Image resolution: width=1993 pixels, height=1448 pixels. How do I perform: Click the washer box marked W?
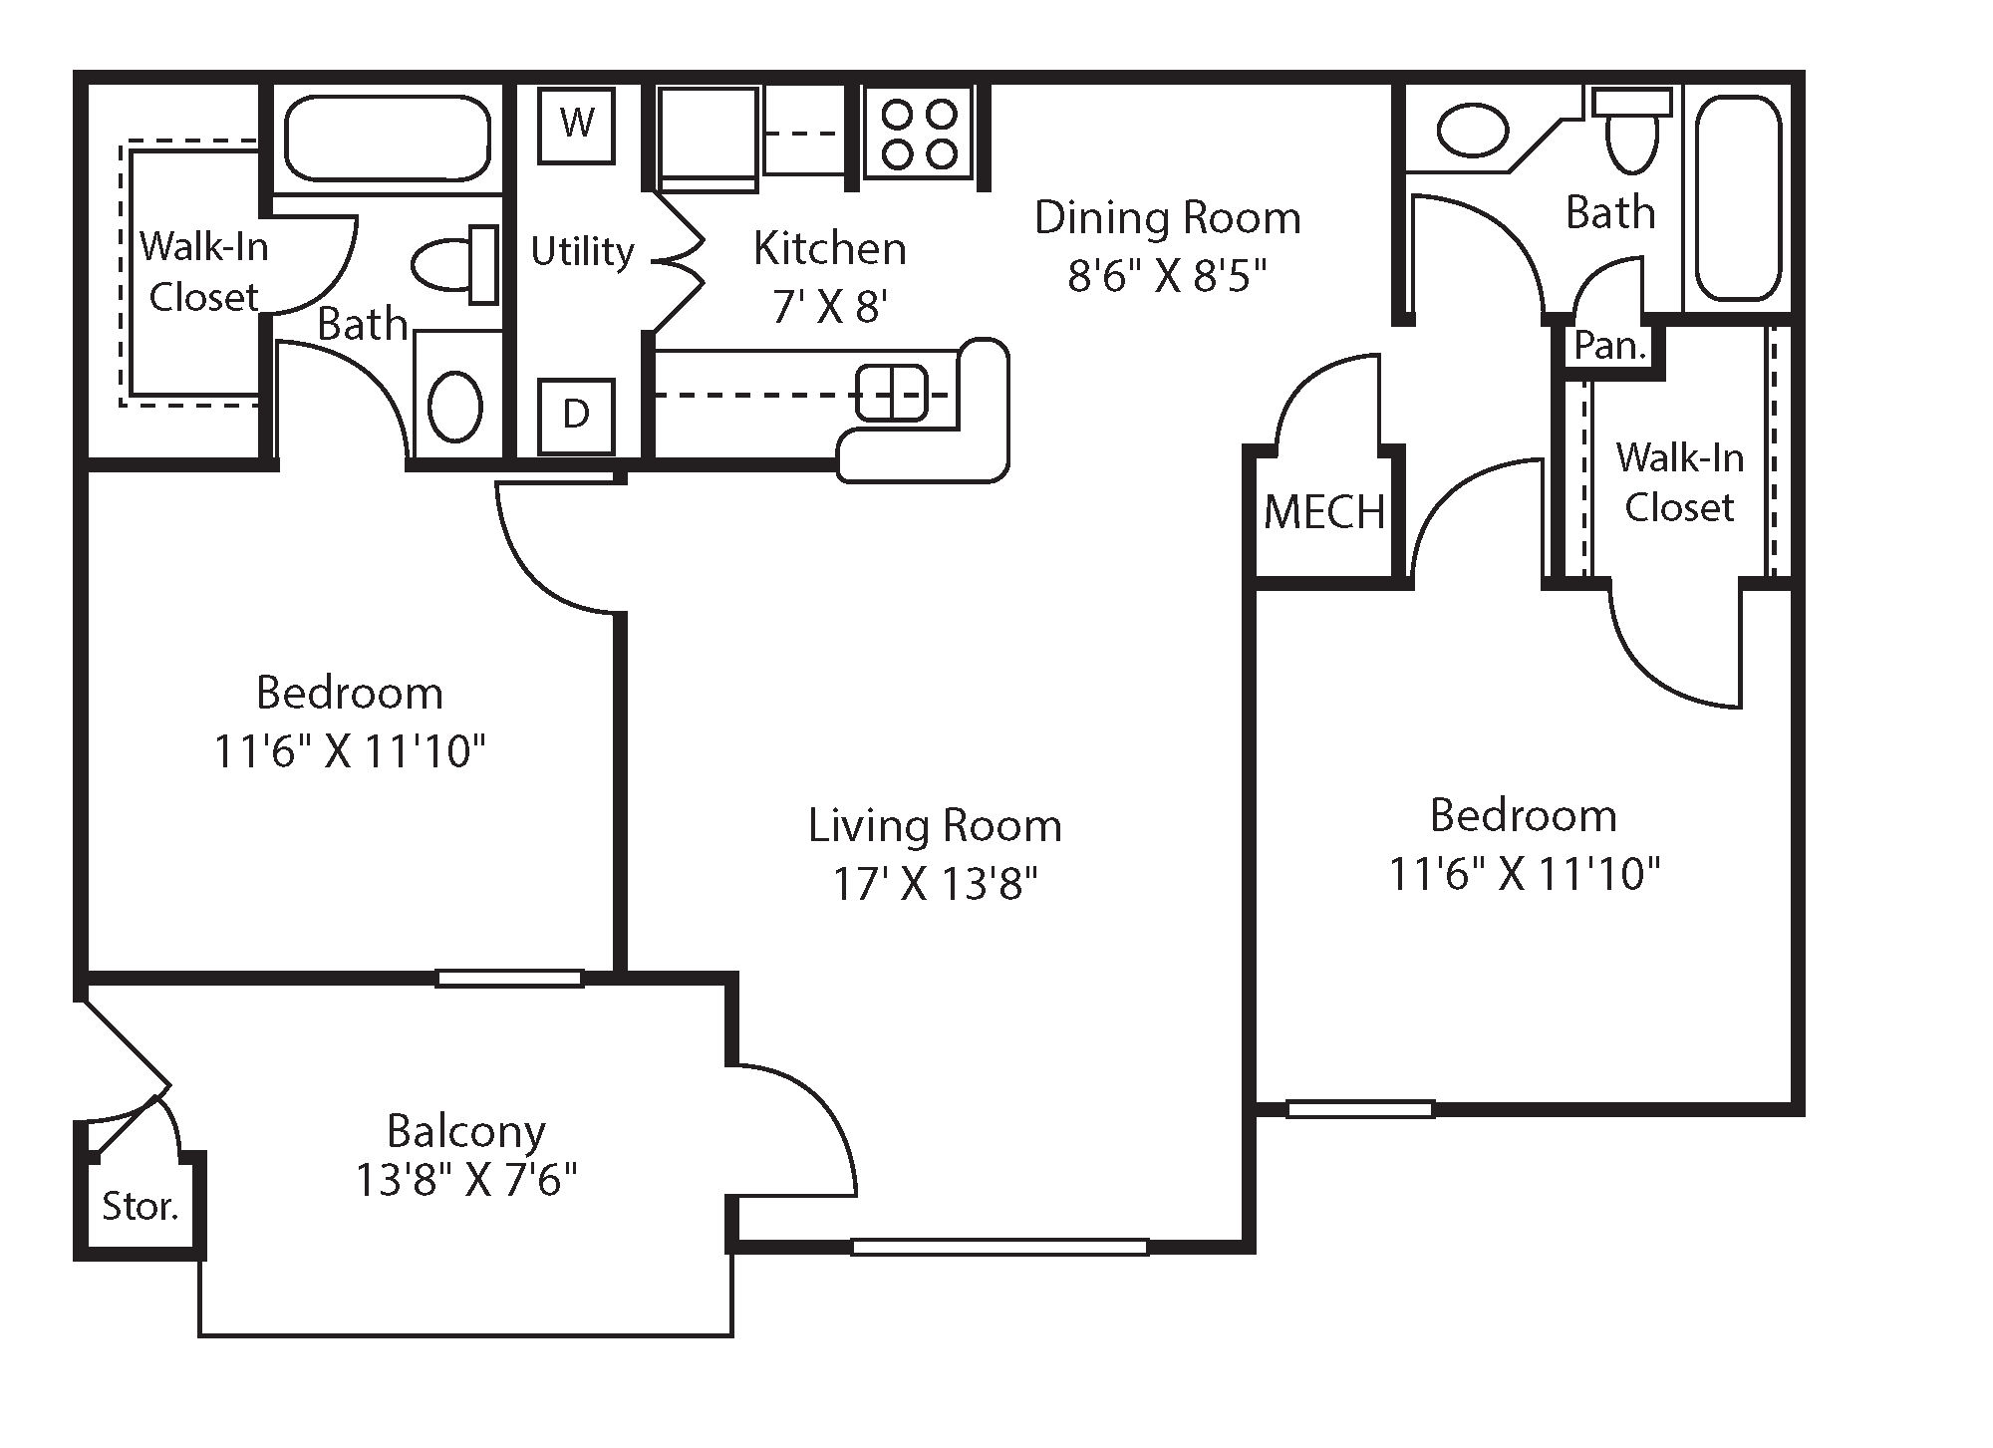point(576,125)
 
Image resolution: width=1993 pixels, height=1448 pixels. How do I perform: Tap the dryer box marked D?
point(576,415)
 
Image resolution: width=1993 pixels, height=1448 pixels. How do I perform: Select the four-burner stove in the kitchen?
point(919,134)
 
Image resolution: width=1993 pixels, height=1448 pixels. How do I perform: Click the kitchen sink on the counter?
point(891,392)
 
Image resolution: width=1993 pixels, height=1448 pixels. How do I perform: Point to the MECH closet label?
point(1323,513)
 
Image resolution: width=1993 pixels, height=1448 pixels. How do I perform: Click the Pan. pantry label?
point(1608,347)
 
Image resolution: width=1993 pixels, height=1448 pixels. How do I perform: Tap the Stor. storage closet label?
point(140,1207)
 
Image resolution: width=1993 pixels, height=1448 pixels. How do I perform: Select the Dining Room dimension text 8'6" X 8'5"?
point(1166,276)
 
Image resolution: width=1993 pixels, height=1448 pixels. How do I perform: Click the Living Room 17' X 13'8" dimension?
point(935,884)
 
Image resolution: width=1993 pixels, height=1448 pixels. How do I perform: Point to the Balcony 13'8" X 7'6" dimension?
point(466,1181)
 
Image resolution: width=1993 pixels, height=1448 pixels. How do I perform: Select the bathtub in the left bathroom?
point(388,138)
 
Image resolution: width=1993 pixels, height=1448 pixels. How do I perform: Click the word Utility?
point(582,251)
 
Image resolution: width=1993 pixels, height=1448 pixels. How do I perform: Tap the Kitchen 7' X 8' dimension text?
point(829,306)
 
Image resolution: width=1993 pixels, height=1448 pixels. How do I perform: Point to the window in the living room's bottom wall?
point(998,1246)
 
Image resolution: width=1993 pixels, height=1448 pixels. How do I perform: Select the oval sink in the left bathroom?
point(455,406)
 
